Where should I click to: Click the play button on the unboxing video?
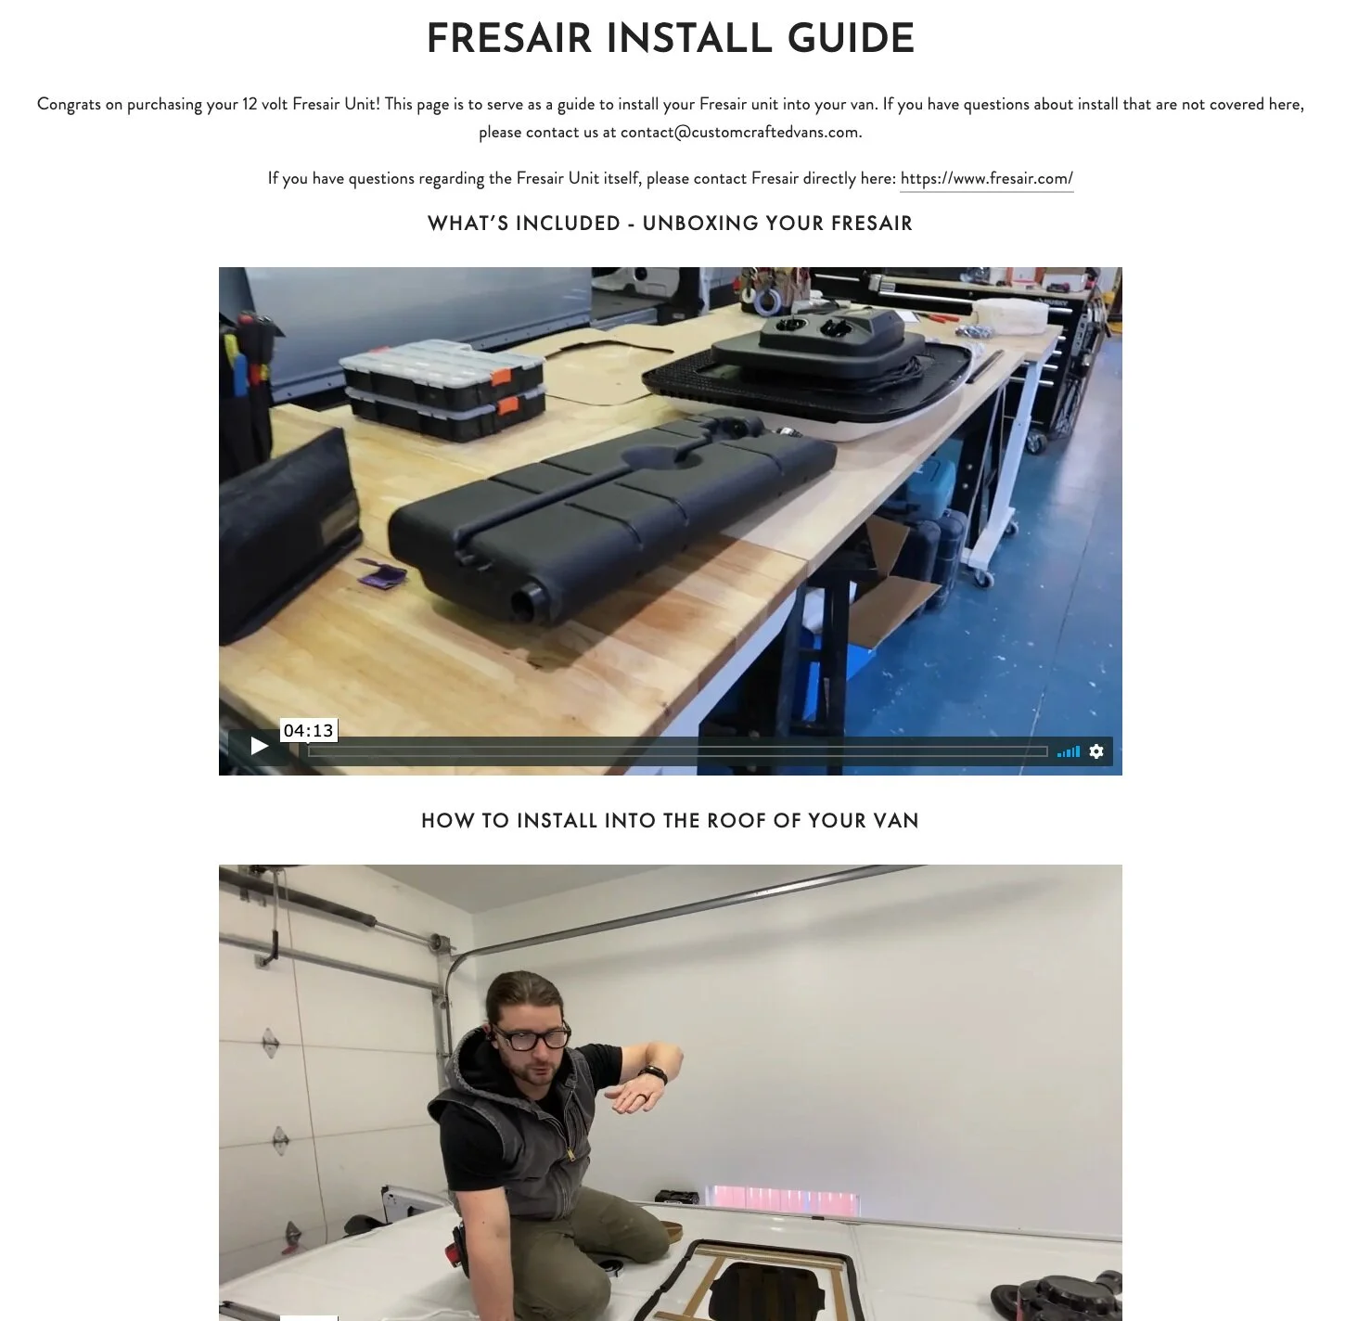coord(259,746)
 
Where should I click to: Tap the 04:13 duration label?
coord(309,731)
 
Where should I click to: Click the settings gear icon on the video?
coord(1096,751)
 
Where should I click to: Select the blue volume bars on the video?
coord(1068,751)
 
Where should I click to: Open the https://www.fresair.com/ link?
coord(986,178)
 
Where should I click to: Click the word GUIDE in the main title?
coord(851,38)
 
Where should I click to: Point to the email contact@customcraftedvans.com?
coord(739,133)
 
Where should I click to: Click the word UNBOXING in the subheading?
coord(701,224)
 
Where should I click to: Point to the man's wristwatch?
coord(653,1075)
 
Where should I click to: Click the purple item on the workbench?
coord(381,571)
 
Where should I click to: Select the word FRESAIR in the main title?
coord(509,38)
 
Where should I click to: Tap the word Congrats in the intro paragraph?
coord(69,104)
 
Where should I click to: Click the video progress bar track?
coord(678,751)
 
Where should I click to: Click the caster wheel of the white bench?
coord(982,578)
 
